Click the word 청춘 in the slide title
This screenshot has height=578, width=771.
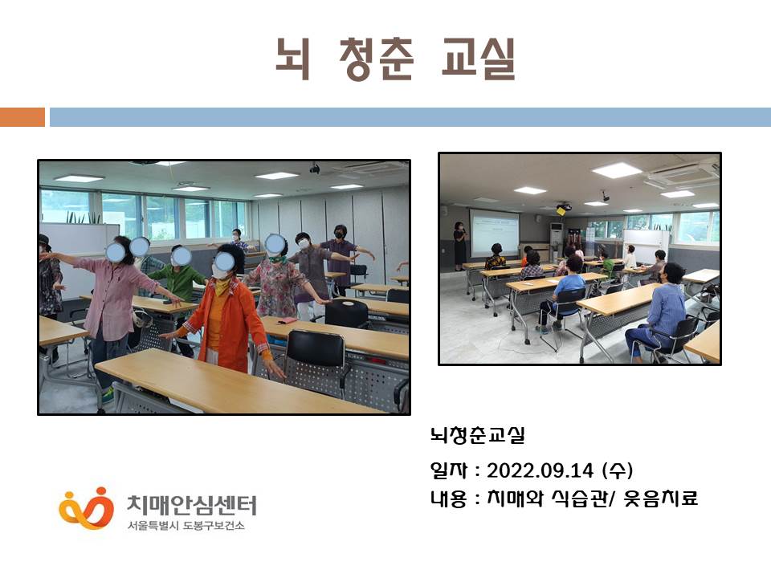point(376,59)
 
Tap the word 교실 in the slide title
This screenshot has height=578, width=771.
point(478,59)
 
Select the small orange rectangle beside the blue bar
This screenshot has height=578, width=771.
point(22,117)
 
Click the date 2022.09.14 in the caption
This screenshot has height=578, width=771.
point(540,470)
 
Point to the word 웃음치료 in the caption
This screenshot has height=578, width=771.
point(660,499)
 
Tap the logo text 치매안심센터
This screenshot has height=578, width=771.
point(192,505)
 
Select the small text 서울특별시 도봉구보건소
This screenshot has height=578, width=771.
point(186,525)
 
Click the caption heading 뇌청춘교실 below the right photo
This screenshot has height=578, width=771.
point(477,435)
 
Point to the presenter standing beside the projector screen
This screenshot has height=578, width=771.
point(459,246)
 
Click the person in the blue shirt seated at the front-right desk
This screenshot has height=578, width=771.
point(657,311)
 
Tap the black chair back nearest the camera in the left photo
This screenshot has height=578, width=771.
point(315,349)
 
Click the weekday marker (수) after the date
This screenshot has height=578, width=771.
point(618,470)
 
